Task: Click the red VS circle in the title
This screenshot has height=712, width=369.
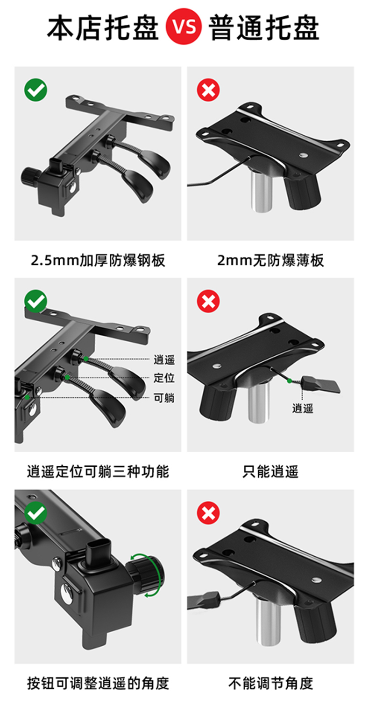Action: [184, 27]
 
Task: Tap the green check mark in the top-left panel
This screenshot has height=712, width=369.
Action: [35, 90]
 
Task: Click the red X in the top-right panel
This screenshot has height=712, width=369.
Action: [208, 90]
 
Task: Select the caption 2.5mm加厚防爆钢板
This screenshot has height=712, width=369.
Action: [98, 260]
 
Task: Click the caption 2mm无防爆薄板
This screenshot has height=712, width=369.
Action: [270, 260]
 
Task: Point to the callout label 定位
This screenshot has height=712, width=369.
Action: [164, 378]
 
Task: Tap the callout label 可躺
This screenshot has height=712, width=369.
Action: [164, 398]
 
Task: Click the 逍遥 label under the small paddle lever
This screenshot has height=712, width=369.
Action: [303, 408]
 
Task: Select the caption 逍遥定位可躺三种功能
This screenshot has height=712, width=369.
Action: [98, 471]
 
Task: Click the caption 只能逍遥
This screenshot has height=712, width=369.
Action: [270, 471]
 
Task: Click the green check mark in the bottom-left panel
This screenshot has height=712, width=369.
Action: [35, 513]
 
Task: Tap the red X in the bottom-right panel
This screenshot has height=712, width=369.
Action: [208, 513]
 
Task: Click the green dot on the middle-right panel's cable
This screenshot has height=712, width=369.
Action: [290, 380]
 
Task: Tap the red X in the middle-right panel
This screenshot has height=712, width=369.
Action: [208, 301]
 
